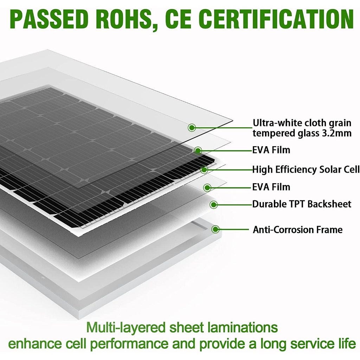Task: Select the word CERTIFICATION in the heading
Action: click(x=276, y=19)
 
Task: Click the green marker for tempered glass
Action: click(x=192, y=127)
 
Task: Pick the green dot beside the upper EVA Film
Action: click(x=198, y=150)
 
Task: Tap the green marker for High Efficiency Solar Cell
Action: click(x=204, y=170)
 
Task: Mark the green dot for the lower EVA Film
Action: click(x=207, y=188)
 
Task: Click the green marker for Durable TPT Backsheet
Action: click(x=214, y=204)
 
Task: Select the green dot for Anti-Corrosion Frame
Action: click(x=216, y=229)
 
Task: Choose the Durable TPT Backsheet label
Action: click(x=302, y=204)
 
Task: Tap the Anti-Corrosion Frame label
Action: click(x=297, y=230)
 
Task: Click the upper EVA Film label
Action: click(x=271, y=150)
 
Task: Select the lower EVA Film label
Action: click(x=271, y=187)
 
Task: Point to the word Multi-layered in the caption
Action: click(x=126, y=328)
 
